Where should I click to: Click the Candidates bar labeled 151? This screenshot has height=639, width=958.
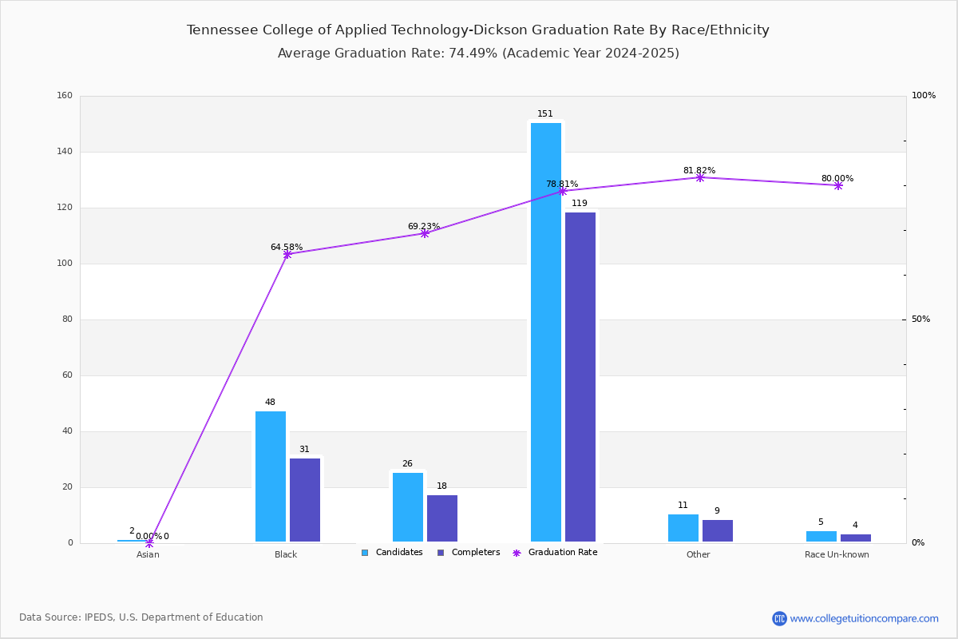point(546,332)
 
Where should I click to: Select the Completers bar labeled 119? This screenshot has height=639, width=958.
point(580,377)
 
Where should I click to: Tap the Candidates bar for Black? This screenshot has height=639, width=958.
point(271,476)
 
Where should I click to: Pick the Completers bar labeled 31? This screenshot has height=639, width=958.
point(304,500)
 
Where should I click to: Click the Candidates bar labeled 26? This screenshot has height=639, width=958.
point(408,507)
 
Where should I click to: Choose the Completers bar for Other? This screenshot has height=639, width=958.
point(717,530)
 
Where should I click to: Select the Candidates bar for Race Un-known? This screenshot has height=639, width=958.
point(821,536)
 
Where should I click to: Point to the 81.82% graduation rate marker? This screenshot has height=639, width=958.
point(699,177)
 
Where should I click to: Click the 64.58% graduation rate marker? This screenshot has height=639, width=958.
point(287,255)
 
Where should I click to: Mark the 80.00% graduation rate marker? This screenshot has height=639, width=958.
point(838,186)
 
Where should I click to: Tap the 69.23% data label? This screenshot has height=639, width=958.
point(423,226)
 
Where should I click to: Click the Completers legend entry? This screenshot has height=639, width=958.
point(469,553)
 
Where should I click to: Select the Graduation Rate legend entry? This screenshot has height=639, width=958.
point(555,553)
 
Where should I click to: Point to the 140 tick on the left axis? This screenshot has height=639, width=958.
point(65,152)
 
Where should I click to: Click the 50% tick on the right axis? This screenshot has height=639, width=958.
point(920,319)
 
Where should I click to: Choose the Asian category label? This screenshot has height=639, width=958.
point(148,554)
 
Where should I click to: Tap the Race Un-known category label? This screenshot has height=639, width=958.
point(837,554)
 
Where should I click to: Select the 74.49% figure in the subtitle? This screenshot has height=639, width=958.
point(473,53)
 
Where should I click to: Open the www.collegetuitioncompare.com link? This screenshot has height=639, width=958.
point(864,618)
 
